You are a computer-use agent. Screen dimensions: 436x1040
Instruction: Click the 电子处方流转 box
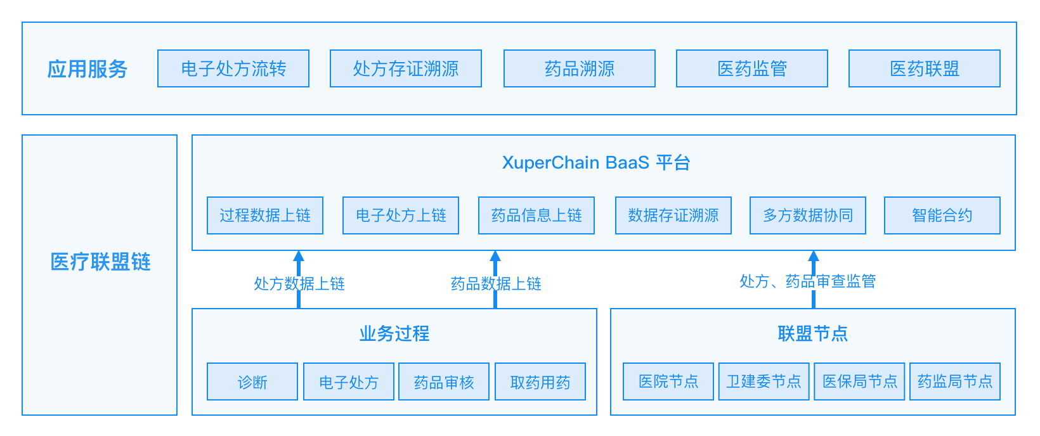[233, 68]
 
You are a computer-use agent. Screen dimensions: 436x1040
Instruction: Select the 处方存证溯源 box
[406, 68]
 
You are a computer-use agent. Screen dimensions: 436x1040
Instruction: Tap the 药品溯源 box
[580, 68]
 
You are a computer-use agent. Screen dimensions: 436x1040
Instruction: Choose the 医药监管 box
[752, 68]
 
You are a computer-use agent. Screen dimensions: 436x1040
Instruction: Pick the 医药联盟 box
[925, 68]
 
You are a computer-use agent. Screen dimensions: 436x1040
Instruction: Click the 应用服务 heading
[88, 69]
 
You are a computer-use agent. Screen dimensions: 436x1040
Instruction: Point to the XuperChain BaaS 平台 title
[596, 163]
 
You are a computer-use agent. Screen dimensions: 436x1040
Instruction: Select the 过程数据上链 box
[265, 215]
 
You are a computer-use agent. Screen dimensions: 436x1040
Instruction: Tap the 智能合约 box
[942, 215]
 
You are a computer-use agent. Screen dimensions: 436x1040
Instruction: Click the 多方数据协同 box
[808, 215]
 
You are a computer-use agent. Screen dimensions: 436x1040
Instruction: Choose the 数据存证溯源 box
[673, 215]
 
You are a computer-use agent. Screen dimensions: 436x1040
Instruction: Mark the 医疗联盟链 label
[100, 262]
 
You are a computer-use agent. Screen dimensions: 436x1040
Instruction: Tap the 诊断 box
[252, 382]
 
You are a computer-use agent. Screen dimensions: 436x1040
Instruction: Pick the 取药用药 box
[540, 382]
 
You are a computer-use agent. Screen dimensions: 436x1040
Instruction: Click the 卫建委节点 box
[764, 381]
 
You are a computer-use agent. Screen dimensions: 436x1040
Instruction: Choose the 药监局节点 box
[955, 381]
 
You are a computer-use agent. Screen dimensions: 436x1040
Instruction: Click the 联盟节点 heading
[813, 333]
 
